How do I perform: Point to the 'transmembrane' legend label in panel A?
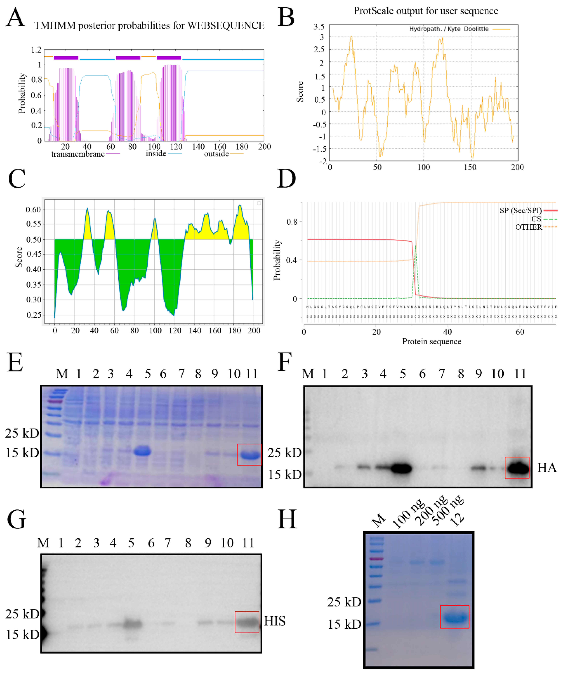click(x=78, y=154)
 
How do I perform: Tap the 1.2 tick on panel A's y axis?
click(x=36, y=50)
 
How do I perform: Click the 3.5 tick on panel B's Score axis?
click(x=319, y=26)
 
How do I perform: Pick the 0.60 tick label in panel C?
click(x=33, y=210)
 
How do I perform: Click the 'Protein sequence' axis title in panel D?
click(x=432, y=341)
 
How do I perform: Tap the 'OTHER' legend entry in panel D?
click(x=528, y=227)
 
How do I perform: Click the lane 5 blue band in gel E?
click(x=142, y=451)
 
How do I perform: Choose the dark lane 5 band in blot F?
click(x=401, y=468)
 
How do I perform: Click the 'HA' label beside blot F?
click(x=547, y=468)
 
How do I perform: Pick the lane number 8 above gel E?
click(x=198, y=374)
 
